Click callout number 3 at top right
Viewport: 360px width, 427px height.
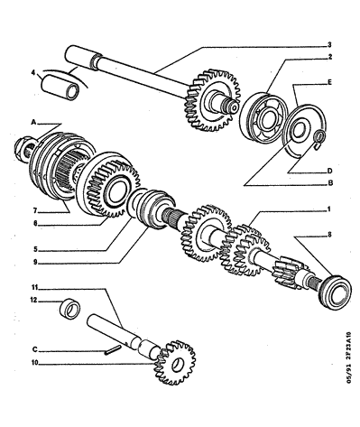(329, 45)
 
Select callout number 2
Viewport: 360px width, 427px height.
(329, 57)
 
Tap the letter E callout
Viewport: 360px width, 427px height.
(329, 82)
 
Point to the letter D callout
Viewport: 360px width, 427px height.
(329, 171)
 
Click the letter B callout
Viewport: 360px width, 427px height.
(330, 182)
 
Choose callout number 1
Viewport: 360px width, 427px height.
(329, 209)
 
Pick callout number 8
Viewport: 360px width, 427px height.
(329, 235)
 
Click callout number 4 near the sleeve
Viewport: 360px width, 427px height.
(33, 72)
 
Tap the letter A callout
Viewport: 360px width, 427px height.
(33, 122)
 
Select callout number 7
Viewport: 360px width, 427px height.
(35, 210)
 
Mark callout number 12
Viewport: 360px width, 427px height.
(33, 300)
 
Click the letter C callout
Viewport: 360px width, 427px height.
(35, 349)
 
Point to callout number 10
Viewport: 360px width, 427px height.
(35, 363)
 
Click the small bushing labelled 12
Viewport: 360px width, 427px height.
(70, 309)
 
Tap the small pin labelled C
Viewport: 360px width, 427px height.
(114, 350)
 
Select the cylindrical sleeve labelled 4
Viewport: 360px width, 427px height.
(60, 88)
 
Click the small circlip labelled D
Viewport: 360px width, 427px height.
(319, 138)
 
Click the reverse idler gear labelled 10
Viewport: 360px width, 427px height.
(175, 363)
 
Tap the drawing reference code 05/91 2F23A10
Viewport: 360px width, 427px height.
(348, 357)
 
